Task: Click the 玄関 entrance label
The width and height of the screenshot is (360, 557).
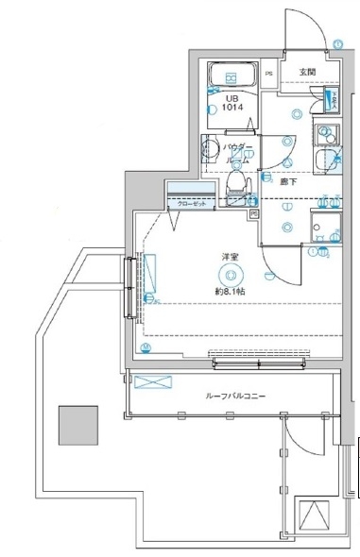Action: point(309,72)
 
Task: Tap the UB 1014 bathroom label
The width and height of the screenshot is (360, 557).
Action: point(231,103)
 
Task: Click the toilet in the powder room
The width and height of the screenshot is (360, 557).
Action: point(239,179)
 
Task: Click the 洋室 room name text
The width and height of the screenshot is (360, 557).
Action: point(230,257)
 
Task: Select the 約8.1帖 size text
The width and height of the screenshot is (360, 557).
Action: point(230,292)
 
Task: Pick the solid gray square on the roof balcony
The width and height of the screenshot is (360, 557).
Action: point(77,424)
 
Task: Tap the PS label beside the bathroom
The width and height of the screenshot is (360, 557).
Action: point(268,73)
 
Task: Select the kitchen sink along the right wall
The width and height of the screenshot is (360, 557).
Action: point(328,132)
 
